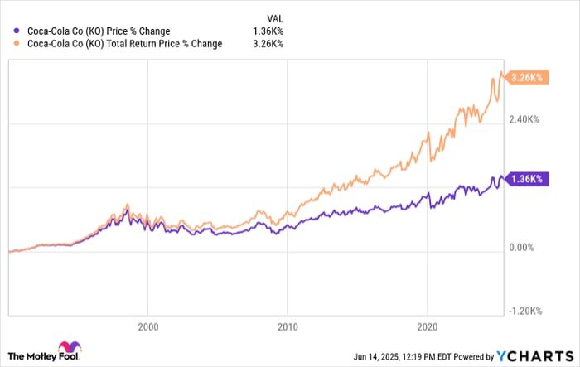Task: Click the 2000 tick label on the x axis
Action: [x=147, y=326]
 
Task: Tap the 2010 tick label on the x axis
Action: [x=288, y=326]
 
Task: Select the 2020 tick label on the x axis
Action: [x=428, y=326]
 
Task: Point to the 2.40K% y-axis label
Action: [x=524, y=120]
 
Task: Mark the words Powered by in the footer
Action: [x=476, y=355]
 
